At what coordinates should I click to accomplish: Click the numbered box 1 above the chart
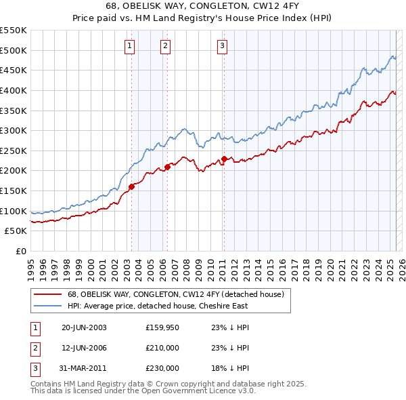(x=129, y=46)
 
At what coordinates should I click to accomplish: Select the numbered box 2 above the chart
(x=165, y=46)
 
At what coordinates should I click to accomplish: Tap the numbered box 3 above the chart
(x=222, y=46)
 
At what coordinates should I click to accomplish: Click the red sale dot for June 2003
(x=132, y=187)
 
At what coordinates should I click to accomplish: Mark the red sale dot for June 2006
(x=167, y=167)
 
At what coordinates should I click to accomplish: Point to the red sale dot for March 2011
(x=224, y=159)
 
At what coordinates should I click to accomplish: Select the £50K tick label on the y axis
(x=16, y=231)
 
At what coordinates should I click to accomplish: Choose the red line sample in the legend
(x=47, y=294)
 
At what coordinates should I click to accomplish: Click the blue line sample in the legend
(x=47, y=306)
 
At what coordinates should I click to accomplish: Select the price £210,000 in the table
(x=162, y=348)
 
